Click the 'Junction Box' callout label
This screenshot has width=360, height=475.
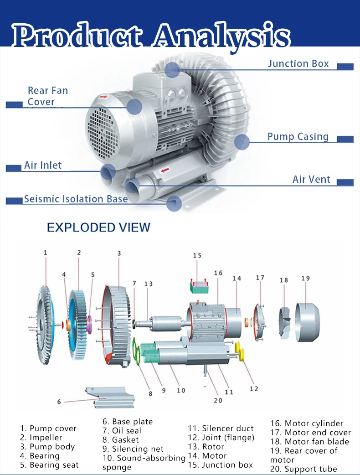point(298,64)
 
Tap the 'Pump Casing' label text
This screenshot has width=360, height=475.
point(298,137)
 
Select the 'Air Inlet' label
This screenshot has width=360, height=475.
point(43,165)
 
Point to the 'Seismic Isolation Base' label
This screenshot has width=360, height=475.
point(76,199)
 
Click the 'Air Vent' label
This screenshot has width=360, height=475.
point(311,179)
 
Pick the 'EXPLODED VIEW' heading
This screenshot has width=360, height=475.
point(98,227)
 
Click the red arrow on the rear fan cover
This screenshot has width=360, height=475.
point(103,97)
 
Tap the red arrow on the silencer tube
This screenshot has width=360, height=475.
point(165,170)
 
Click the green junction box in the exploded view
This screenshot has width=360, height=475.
point(199,287)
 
